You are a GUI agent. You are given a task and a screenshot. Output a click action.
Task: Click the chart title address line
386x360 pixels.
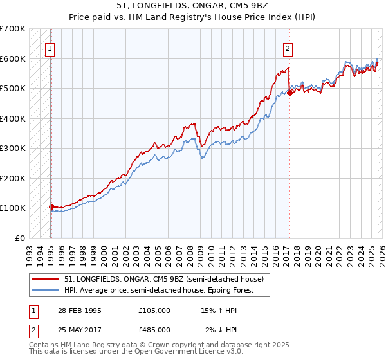(x=192, y=6)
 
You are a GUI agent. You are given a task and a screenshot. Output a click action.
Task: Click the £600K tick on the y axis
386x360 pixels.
(x=13, y=59)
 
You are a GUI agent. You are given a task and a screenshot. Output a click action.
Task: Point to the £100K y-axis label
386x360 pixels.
(x=13, y=208)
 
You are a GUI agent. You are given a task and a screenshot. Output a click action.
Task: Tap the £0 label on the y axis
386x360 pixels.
(x=19, y=238)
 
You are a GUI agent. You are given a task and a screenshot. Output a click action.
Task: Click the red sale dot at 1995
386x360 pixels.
(x=51, y=206)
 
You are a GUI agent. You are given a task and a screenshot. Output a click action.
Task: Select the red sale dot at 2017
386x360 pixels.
(x=289, y=93)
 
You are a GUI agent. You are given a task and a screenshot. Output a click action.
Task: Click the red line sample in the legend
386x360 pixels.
(x=46, y=279)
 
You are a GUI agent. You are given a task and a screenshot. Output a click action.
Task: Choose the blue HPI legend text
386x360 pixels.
(x=159, y=290)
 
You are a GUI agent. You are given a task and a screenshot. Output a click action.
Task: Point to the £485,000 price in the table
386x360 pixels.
(x=154, y=330)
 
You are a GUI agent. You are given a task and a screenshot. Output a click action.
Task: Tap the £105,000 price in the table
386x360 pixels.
(x=154, y=310)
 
